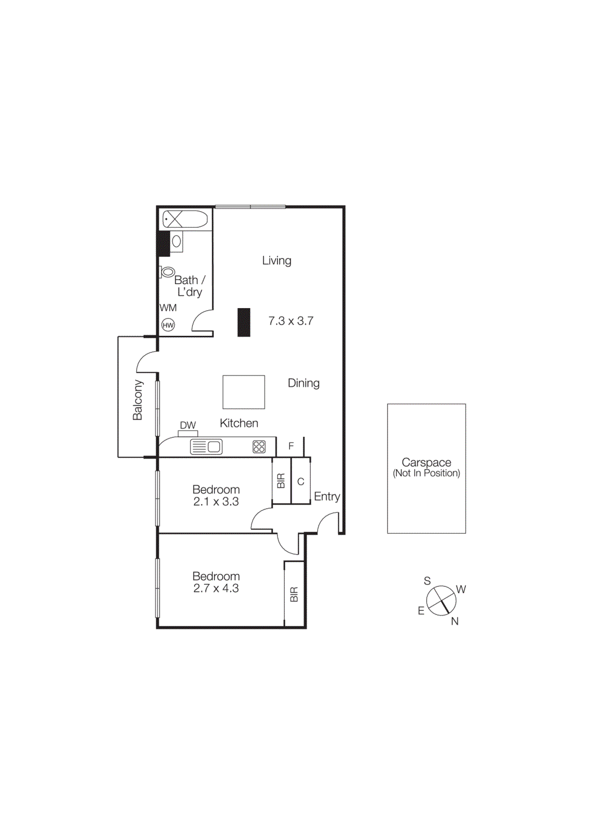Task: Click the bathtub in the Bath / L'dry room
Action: (185, 219)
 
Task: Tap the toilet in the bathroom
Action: (167, 272)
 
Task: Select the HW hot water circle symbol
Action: (168, 325)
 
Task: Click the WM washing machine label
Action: (168, 308)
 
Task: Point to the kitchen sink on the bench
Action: (207, 447)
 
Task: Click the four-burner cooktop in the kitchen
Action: (259, 447)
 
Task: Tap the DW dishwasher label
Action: (188, 425)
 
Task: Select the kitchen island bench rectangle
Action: (244, 392)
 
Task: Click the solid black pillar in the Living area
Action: (244, 322)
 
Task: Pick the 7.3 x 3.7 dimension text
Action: (291, 321)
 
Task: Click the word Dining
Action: (304, 383)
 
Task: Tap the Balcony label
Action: (138, 400)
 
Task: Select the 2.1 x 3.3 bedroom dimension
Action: (216, 501)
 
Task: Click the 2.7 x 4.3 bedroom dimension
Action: (216, 588)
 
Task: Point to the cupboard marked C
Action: (300, 482)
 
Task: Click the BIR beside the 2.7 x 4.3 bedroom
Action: (294, 594)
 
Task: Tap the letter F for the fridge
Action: (291, 446)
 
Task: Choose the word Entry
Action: (327, 497)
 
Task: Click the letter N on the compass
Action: (455, 621)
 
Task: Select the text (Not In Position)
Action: (426, 473)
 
